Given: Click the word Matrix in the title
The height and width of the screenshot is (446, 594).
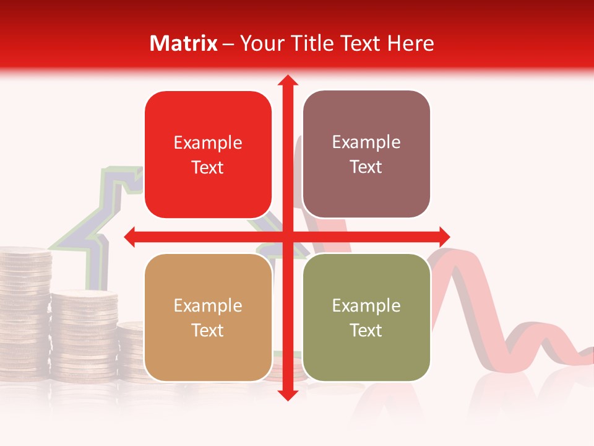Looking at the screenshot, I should coord(184,43).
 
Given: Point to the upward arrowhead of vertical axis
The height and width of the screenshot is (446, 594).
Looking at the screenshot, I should coord(287,80).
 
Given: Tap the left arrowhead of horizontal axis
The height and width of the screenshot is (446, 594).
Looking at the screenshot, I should coord(131,236).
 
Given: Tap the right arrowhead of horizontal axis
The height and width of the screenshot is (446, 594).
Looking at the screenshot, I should coord(444,236).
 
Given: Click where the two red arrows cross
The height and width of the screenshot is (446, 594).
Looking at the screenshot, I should coord(287,236).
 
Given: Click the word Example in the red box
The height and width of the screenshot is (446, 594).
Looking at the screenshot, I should coord(208,143).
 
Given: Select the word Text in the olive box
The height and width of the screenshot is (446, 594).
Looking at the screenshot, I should coord(366,330).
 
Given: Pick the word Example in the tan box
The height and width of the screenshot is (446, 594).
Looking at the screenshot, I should coord(208,306).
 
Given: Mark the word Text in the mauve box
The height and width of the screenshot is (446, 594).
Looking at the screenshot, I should coord(366,167).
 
